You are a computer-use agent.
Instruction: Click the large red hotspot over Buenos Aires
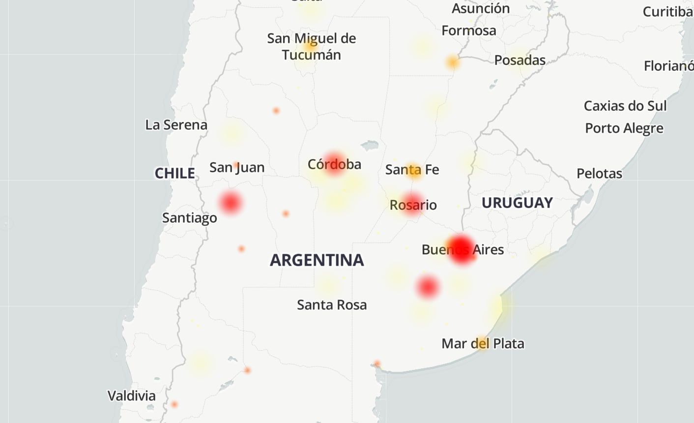tap(462, 249)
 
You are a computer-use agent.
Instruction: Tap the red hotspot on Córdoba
tap(335, 163)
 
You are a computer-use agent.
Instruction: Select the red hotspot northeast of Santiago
tap(230, 202)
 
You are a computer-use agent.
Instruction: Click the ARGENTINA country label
tap(317, 260)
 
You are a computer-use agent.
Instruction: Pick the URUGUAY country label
tap(517, 203)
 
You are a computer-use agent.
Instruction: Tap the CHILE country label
tap(174, 173)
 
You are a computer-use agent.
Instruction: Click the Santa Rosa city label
tap(332, 305)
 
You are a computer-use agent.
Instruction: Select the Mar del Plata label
tap(483, 343)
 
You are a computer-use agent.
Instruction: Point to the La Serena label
tap(176, 125)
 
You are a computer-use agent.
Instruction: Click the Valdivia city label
tap(131, 395)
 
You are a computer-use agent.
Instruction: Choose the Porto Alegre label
tap(624, 128)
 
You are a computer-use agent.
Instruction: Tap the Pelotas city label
tap(599, 174)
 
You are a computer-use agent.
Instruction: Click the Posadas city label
tap(520, 60)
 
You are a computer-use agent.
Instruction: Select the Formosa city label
tap(468, 30)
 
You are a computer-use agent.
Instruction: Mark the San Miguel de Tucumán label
tap(311, 46)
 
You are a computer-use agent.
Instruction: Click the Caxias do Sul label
tap(625, 106)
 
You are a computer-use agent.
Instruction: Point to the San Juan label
tap(237, 168)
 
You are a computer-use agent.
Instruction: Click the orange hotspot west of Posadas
tap(452, 62)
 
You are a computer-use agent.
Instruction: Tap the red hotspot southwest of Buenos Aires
tap(428, 287)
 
